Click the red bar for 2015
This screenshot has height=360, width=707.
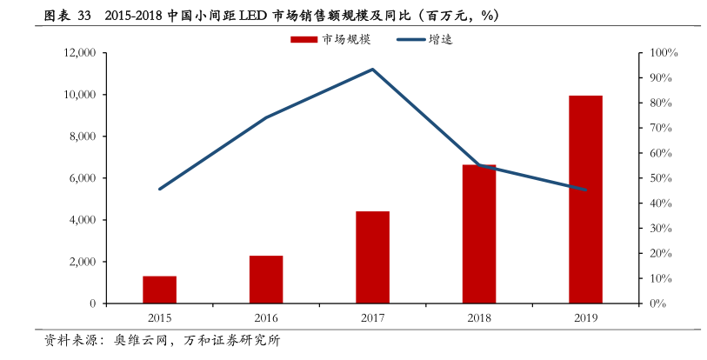coord(159,290)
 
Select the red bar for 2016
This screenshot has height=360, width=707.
coord(266,279)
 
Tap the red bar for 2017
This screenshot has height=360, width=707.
coord(372,257)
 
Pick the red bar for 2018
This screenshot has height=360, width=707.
coord(478,234)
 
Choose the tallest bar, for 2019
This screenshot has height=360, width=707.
coord(585,199)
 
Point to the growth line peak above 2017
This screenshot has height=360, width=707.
coord(372,70)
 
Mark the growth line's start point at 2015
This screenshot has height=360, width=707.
coord(160,189)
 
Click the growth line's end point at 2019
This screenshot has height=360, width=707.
coord(585,190)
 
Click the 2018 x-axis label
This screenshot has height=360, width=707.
coord(478,318)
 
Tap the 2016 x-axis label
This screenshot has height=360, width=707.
coord(266,318)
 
